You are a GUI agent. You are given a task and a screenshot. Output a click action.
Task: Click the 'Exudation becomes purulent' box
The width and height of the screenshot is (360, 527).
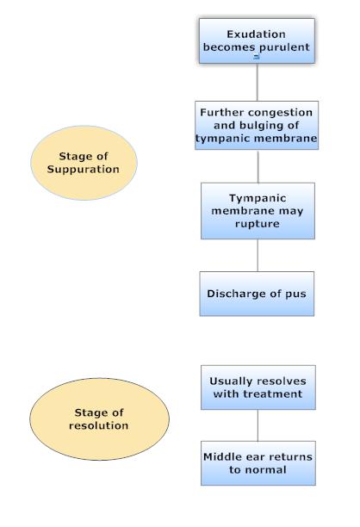coord(257,40)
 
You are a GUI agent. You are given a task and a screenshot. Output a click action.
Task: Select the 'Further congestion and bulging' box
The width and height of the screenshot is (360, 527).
coord(258,126)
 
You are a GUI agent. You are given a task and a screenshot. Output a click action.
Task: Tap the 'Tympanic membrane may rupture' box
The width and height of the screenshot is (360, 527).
coord(257,210)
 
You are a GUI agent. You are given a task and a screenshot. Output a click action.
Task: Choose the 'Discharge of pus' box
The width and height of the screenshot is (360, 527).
coord(257,294)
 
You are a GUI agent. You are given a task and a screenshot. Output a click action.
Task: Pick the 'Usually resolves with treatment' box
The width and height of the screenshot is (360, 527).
coord(257,387)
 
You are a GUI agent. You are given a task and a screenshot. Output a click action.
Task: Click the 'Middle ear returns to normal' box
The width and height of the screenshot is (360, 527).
coord(257,462)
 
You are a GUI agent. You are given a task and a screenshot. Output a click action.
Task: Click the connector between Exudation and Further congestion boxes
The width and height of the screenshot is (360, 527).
coord(258,83)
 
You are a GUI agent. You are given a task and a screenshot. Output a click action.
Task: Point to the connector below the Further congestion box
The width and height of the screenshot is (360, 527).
coord(258,166)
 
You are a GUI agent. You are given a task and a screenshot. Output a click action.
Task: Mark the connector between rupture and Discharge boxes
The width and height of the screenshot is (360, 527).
coord(258,256)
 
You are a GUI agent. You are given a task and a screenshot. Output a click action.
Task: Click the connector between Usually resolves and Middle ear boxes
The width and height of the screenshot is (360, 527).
coord(258,425)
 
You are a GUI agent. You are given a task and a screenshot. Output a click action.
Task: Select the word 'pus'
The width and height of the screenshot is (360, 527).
coord(295,294)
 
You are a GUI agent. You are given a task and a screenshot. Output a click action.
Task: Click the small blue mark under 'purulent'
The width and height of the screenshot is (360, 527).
coord(257,56)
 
